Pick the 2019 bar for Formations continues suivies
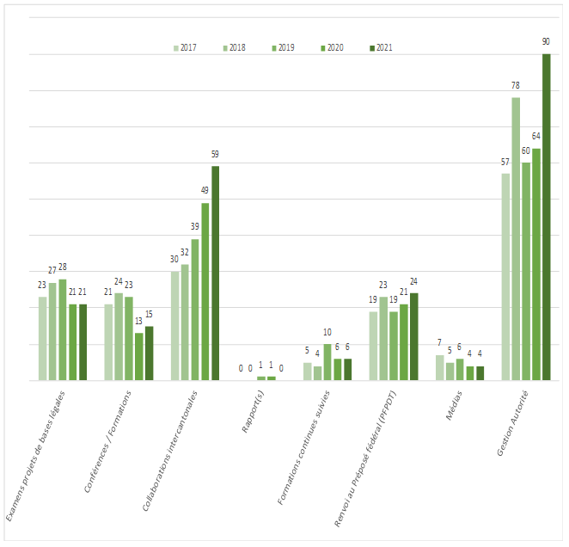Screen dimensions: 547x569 pyautogui.click(x=327, y=362)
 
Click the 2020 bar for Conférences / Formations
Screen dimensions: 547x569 pyautogui.click(x=139, y=356)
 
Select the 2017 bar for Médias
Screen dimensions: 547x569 pyautogui.click(x=440, y=367)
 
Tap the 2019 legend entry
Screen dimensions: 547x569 pyautogui.click(x=283, y=48)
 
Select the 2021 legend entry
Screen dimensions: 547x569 pyautogui.click(x=379, y=48)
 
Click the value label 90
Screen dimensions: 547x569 pyautogui.click(x=546, y=41)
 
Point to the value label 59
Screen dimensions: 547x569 pyautogui.click(x=216, y=154)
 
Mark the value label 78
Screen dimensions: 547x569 pyautogui.click(x=516, y=85)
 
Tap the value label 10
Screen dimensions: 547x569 pyautogui.click(x=327, y=332)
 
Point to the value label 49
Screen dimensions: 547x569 pyautogui.click(x=205, y=190)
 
